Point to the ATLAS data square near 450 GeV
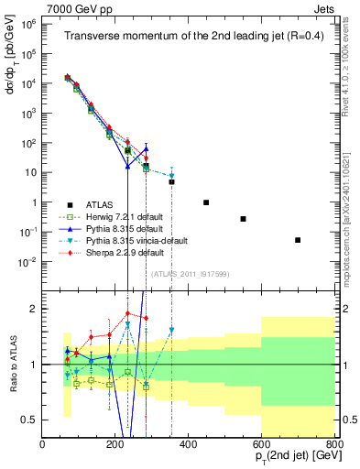pos(206,202)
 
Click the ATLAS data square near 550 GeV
pos(243,219)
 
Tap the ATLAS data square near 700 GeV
pos(298,240)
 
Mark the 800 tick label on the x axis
pos(333,444)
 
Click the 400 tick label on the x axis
pos(189,444)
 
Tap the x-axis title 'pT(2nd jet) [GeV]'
pos(289,458)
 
